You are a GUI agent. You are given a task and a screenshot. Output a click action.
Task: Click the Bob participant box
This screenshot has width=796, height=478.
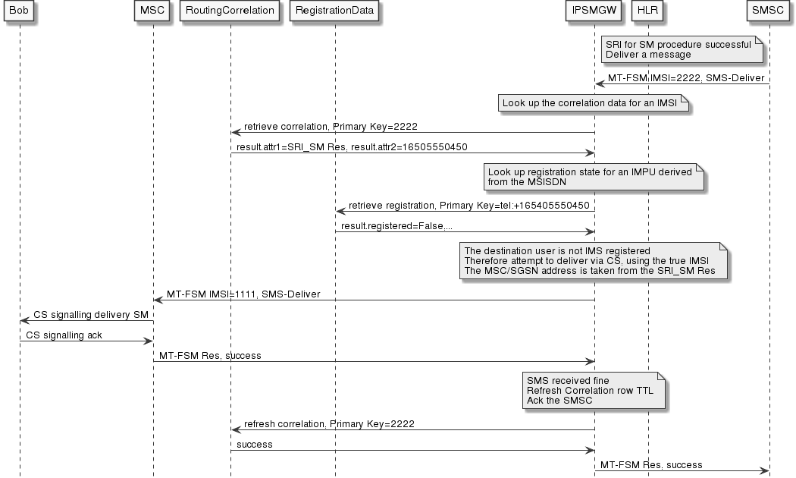tap(20, 11)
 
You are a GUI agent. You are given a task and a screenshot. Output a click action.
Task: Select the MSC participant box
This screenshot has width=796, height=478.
tap(152, 11)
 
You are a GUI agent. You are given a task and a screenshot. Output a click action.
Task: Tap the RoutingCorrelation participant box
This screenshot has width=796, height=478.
tap(230, 11)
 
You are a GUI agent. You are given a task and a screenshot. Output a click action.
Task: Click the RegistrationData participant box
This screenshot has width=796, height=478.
tap(335, 11)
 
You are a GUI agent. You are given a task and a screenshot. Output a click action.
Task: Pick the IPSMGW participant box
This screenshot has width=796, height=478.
tap(594, 11)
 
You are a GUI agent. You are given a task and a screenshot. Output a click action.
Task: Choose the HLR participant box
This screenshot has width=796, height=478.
tap(648, 11)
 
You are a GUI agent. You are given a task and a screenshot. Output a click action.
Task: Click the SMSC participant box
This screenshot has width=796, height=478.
tap(769, 11)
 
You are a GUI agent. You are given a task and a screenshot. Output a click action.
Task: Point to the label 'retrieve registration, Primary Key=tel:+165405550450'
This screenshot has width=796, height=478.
tap(469, 205)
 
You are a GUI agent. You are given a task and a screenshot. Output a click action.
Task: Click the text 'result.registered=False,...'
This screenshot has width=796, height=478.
tap(398, 226)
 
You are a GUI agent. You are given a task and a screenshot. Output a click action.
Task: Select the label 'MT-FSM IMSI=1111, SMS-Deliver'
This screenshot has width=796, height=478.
tap(249, 294)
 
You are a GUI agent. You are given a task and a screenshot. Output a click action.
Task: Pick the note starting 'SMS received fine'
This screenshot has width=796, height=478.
tap(593, 391)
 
